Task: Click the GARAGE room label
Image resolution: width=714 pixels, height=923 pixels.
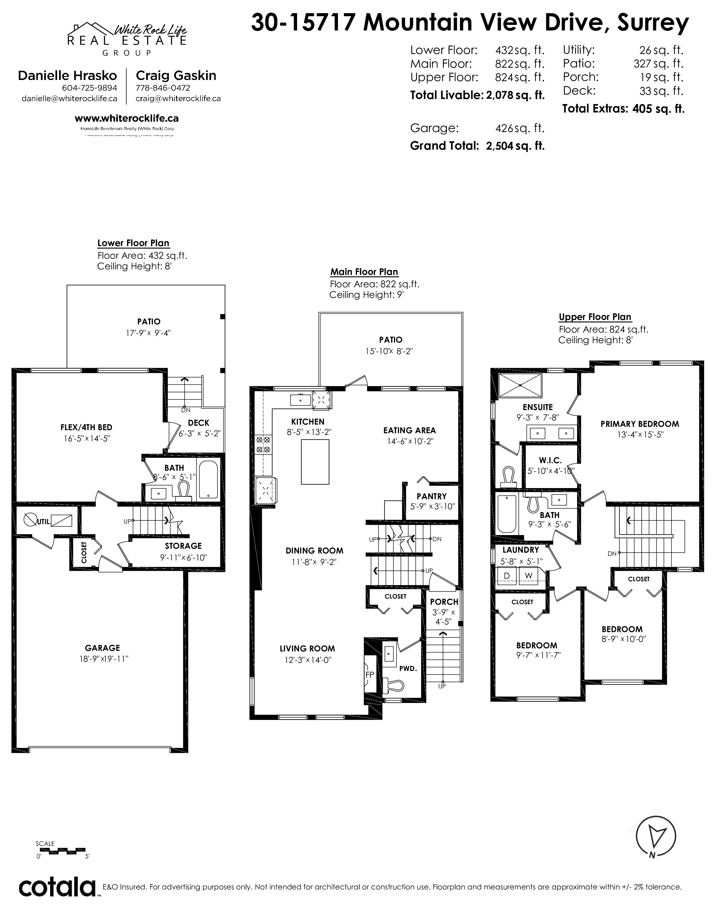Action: coord(102,648)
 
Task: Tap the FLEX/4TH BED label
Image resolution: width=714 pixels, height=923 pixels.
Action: coord(86,427)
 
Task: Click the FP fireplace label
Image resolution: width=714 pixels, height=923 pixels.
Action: coord(370,675)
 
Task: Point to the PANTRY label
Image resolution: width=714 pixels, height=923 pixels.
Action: coord(431,496)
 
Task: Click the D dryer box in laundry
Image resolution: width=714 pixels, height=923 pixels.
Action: coord(507,576)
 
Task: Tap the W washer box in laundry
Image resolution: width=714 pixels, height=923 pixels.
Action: coord(529,576)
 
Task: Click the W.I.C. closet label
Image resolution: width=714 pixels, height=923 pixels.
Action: coord(550,460)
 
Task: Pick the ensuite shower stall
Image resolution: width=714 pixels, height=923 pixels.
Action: coord(520,385)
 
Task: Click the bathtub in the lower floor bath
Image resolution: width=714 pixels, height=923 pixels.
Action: coord(208,480)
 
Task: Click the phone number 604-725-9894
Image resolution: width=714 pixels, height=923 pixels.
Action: coord(89,88)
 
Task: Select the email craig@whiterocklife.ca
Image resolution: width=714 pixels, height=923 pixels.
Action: coord(178,98)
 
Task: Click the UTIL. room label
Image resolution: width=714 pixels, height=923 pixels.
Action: coord(44,522)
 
